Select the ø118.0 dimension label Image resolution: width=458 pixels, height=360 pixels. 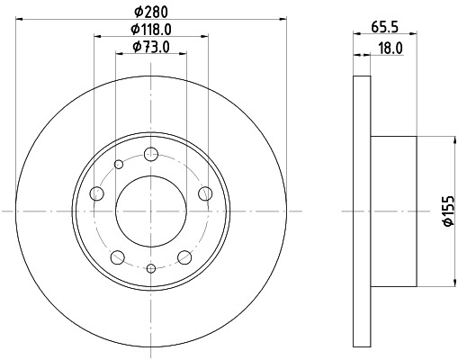tap(151, 29)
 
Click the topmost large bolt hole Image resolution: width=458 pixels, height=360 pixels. tap(150, 154)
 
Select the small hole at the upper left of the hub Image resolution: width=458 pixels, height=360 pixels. tap(119, 163)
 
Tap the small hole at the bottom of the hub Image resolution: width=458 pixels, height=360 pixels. tap(151, 267)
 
